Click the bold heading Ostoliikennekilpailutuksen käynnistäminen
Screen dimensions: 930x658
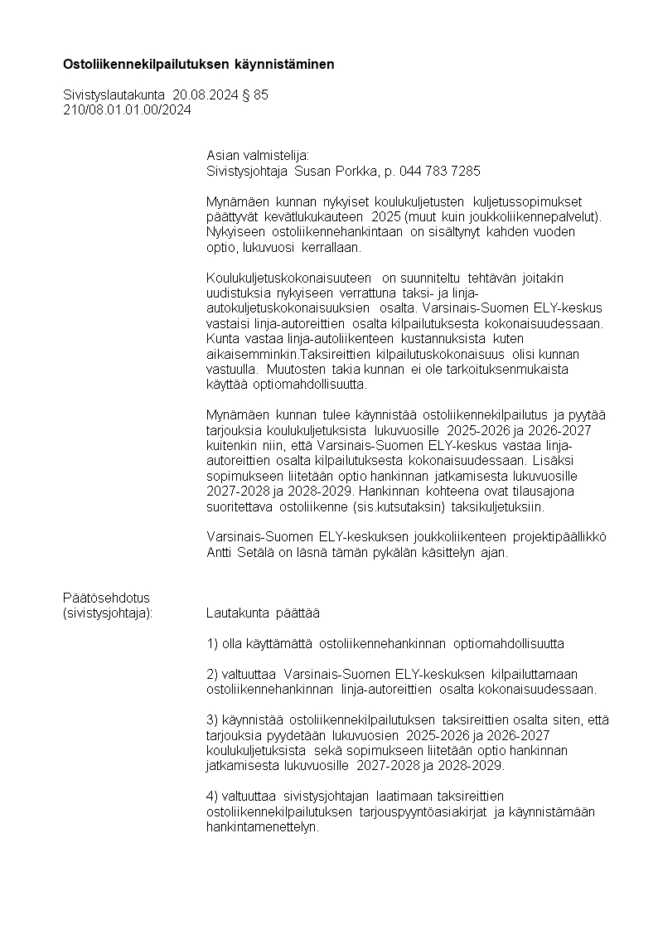point(199,64)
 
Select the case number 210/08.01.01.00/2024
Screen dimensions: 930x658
point(127,109)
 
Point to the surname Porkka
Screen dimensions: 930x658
point(354,172)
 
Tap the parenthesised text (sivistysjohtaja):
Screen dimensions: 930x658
point(109,613)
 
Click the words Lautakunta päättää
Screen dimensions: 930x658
point(263,613)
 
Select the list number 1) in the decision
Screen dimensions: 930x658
point(211,644)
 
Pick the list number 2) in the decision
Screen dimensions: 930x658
point(211,675)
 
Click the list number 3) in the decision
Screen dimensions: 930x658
point(211,719)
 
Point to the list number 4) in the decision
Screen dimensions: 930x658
point(211,797)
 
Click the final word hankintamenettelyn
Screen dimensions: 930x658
point(263,827)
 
